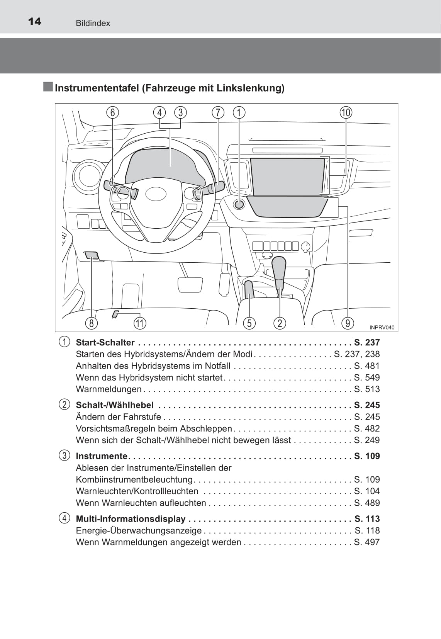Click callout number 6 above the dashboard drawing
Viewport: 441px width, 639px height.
pos(112,112)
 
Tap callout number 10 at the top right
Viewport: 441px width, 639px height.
pos(346,112)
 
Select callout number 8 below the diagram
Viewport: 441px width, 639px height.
pos(91,323)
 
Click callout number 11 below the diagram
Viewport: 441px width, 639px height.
pos(140,323)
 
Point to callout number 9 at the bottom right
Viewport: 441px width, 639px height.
pos(348,323)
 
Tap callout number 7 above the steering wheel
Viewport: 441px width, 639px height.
pos(218,112)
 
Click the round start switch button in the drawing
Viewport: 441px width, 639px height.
pos(239,204)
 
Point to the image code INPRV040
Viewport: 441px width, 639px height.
pos(382,328)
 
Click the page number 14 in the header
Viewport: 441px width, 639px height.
pos(34,21)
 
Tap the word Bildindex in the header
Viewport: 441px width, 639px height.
pos(93,23)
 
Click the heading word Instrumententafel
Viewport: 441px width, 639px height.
pos(97,88)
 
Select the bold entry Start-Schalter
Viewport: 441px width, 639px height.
pos(105,342)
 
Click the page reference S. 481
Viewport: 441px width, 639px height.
pos(367,366)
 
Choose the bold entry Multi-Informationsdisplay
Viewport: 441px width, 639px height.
pos(131,518)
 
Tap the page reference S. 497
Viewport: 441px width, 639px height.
pos(367,542)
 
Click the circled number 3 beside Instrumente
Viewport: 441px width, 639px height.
pos(64,455)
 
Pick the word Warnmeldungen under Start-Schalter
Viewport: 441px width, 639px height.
pos(109,389)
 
